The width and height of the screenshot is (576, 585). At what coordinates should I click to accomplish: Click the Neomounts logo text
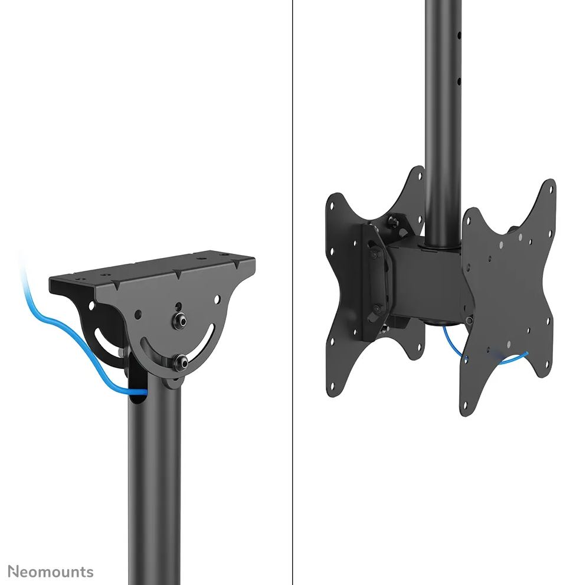pyautogui.click(x=51, y=571)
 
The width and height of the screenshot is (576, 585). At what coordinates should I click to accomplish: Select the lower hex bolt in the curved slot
pyautogui.click(x=182, y=361)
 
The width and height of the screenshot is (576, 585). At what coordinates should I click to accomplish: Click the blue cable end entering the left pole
pyautogui.click(x=142, y=391)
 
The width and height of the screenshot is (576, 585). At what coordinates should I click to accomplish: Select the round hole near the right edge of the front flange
pyautogui.click(x=217, y=298)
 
